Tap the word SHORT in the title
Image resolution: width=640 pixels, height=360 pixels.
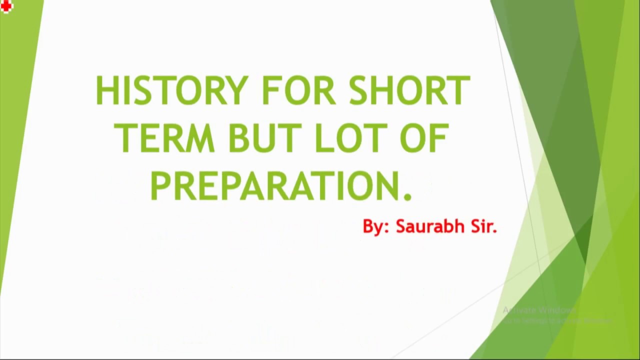(x=409, y=90)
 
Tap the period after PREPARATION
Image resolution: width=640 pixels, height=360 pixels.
(x=407, y=196)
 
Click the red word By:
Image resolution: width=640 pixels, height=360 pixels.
(x=375, y=227)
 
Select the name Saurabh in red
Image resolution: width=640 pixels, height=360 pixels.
(x=430, y=226)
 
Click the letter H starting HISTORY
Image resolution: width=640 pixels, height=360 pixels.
(x=106, y=90)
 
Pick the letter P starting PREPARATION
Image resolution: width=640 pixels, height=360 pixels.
(x=160, y=186)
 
